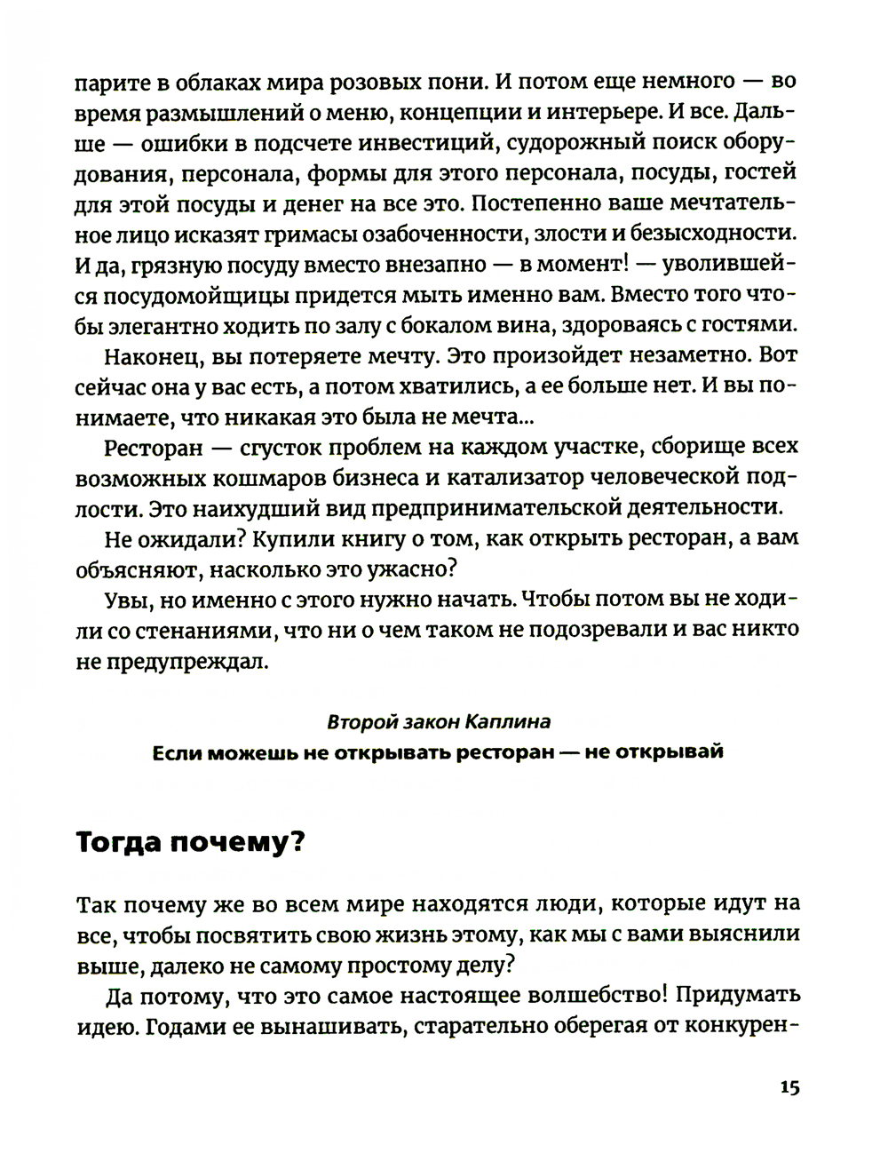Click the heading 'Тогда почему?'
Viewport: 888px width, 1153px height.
tap(190, 840)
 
